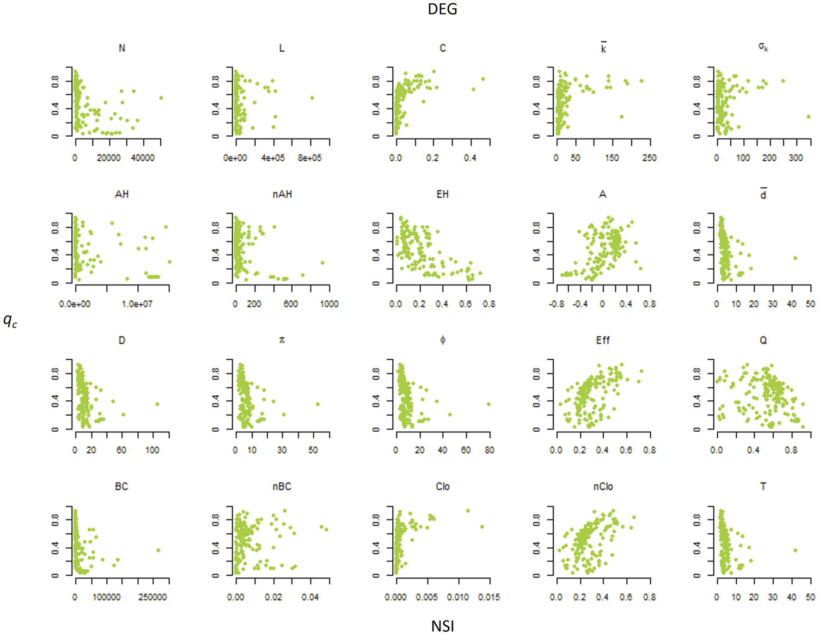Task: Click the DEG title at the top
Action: click(x=442, y=9)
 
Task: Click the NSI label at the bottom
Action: click(x=442, y=626)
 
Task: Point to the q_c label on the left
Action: click(x=10, y=320)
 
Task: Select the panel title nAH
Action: click(x=282, y=194)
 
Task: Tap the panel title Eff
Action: click(x=603, y=340)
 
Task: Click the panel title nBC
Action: click(x=282, y=487)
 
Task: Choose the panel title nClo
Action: click(x=603, y=487)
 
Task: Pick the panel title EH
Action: click(x=442, y=194)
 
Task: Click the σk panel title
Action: click(x=763, y=48)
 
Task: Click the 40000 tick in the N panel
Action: click(x=143, y=158)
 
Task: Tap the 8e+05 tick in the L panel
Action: click(x=310, y=158)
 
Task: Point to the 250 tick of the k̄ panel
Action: click(x=649, y=158)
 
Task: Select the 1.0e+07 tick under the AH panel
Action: click(x=137, y=304)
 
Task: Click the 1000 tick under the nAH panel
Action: click(x=329, y=304)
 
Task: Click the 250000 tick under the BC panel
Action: click(x=153, y=597)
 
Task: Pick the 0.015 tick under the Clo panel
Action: click(x=489, y=597)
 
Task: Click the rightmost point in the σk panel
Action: click(x=808, y=116)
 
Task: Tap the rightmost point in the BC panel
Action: click(x=158, y=550)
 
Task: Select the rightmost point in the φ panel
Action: click(x=489, y=404)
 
